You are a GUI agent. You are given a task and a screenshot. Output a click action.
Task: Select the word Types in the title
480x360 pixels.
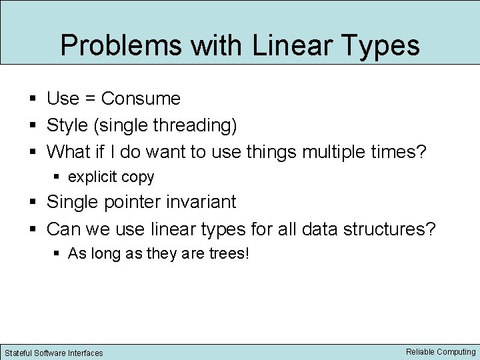click(380, 45)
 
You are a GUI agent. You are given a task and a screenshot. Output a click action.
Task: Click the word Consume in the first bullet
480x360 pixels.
click(141, 99)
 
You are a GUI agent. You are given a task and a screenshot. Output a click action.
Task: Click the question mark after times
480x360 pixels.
click(420, 152)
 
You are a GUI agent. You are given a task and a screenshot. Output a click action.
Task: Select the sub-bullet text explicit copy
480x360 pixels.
click(111, 177)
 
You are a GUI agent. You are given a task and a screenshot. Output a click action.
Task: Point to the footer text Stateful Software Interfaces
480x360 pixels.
click(54, 353)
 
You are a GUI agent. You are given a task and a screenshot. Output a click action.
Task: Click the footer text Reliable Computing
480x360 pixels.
click(441, 351)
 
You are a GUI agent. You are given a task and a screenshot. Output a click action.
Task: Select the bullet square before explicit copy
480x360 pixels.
click(57, 178)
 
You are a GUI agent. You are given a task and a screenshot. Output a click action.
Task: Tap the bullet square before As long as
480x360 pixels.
click(57, 255)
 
